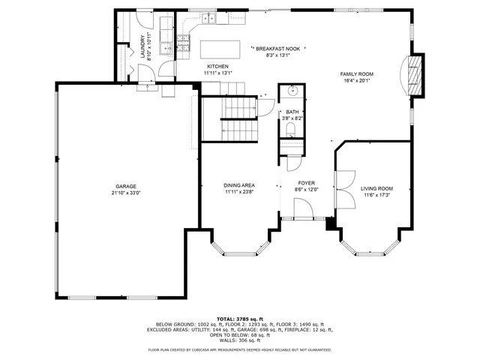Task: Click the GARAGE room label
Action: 126,186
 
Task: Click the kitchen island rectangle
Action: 221,49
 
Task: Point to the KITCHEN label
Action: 217,67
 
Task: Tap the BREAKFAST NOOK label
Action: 277,49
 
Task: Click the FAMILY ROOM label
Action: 357,73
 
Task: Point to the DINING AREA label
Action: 239,185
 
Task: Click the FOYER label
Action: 307,183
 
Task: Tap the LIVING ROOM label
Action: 376,189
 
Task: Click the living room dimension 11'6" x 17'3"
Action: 376,196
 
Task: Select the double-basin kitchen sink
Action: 205,16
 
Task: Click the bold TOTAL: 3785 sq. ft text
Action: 240,319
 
